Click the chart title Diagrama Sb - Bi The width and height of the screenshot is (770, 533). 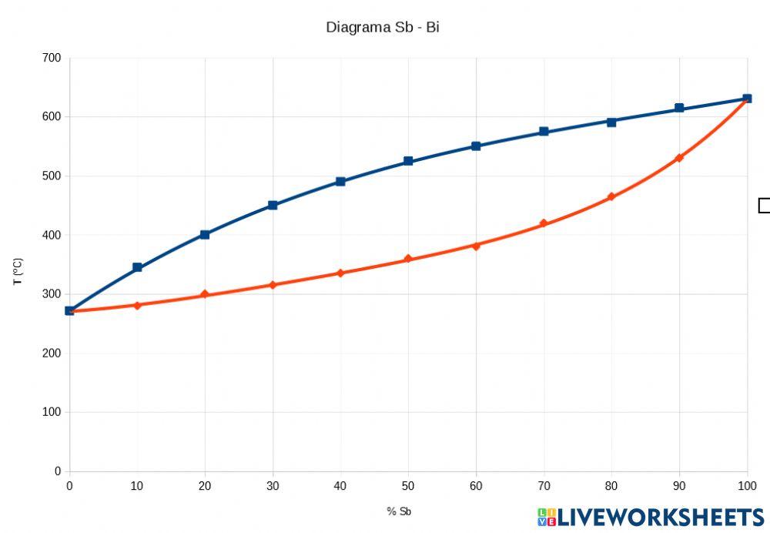point(383,27)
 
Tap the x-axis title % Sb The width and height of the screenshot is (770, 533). point(400,511)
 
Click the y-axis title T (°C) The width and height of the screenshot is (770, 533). point(18,272)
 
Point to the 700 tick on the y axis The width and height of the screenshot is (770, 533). point(52,58)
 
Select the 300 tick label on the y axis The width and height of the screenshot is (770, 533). point(52,294)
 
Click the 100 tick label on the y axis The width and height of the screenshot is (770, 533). point(52,412)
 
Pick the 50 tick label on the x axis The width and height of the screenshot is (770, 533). point(408,485)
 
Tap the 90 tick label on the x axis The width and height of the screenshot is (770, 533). point(679,485)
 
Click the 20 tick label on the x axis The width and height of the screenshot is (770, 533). point(205,485)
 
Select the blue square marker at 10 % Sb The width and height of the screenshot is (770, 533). point(137,267)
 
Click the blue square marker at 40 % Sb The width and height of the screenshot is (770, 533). point(340,182)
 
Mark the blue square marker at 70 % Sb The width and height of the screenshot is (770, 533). point(544,132)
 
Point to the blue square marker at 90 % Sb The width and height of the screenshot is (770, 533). point(679,109)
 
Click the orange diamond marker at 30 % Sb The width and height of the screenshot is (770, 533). point(273,285)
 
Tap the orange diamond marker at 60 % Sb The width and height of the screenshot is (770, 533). point(476,246)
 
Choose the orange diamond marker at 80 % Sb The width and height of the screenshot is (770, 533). point(611,197)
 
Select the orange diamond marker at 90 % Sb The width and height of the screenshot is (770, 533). point(679,158)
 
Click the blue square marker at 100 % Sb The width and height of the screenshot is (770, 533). point(747,99)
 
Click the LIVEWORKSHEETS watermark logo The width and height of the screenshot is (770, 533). point(651,517)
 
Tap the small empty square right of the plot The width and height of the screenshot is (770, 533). point(764,206)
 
